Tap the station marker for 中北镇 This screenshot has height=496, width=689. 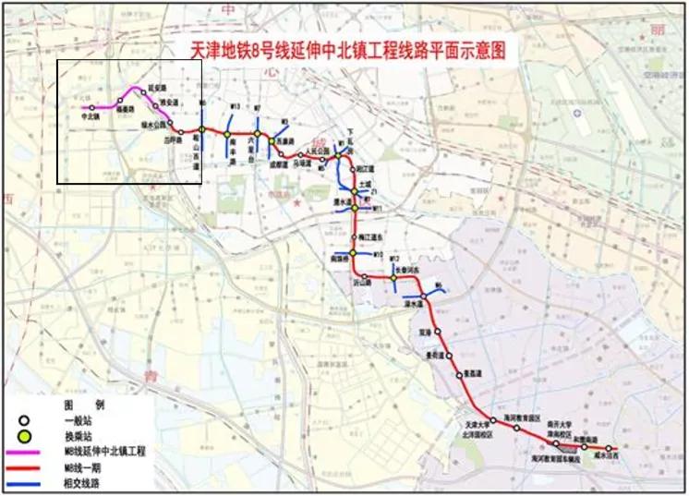[x=91, y=108]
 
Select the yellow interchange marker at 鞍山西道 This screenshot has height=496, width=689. [x=201, y=129]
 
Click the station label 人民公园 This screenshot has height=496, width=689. [x=318, y=148]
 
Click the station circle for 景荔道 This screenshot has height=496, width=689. [x=459, y=375]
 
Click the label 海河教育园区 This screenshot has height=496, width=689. [x=523, y=417]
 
